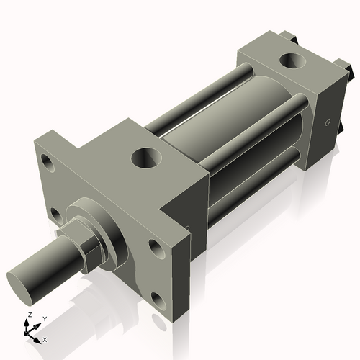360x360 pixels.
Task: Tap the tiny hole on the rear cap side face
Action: pos(328,122)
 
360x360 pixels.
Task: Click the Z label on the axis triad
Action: pos(28,315)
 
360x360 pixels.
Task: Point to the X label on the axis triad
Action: pos(45,338)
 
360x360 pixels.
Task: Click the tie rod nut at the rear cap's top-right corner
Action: pos(348,70)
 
